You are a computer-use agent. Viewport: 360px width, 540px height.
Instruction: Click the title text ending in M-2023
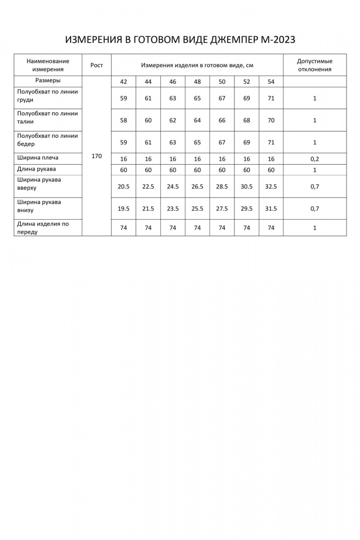click(180, 40)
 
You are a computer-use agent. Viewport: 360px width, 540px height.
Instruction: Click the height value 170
click(97, 157)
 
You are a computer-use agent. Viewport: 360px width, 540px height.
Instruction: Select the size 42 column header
click(124, 81)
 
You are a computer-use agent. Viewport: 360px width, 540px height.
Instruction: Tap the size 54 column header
click(271, 81)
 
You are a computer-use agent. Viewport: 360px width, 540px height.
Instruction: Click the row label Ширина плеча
click(38, 158)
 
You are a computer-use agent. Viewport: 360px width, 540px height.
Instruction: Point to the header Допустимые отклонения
click(315, 65)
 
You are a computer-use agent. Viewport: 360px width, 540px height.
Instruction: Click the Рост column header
click(97, 65)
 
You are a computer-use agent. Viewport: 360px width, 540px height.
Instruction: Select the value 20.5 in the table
click(124, 187)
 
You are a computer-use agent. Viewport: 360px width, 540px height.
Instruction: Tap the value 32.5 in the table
click(271, 187)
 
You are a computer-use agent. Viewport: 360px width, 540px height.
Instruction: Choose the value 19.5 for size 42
click(124, 209)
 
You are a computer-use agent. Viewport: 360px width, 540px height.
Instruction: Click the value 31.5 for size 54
click(271, 209)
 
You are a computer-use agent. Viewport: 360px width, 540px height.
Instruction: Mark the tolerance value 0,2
click(315, 159)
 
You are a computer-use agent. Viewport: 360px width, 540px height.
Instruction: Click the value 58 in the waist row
click(124, 120)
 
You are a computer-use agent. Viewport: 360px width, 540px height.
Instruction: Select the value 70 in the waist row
click(271, 120)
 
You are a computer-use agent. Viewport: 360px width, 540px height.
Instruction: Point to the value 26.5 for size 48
click(197, 187)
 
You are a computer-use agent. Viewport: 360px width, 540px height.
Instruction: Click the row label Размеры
click(48, 81)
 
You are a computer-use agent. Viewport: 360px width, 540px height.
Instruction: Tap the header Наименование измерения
click(48, 65)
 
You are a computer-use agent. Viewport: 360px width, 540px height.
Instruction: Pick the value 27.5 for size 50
click(222, 209)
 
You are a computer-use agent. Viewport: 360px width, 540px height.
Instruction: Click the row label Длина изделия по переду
click(43, 228)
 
